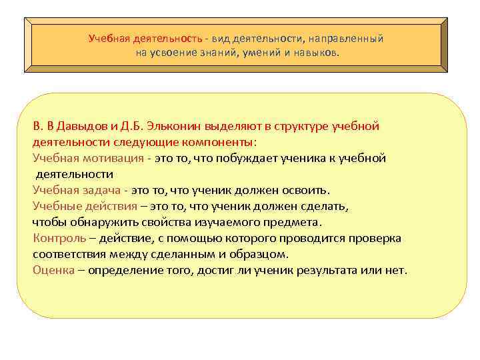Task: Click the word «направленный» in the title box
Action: pyautogui.click(x=349, y=39)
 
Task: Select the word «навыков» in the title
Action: pyautogui.click(x=315, y=52)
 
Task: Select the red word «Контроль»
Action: pyautogui.click(x=59, y=238)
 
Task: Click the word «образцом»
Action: pyautogui.click(x=258, y=254)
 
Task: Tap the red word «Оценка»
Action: pyautogui.click(x=53, y=270)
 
